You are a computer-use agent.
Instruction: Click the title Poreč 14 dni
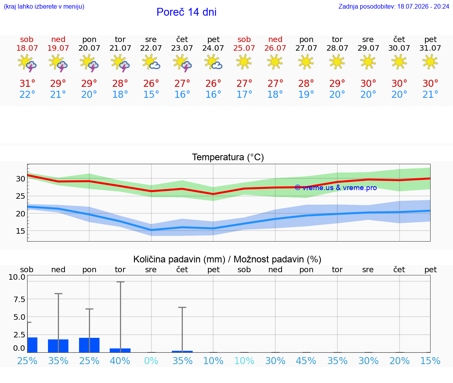(x=186, y=12)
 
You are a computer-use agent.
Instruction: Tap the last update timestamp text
(x=394, y=6)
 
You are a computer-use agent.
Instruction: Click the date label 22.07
(x=151, y=48)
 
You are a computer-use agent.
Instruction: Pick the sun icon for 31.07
(x=430, y=62)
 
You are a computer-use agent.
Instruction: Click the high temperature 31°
(x=27, y=83)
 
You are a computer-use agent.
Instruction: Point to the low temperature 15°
(x=151, y=94)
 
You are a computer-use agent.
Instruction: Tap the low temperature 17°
(x=244, y=94)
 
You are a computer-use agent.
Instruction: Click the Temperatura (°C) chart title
(x=228, y=157)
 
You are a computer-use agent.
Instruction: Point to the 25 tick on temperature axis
(x=20, y=196)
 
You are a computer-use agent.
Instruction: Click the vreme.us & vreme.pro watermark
(x=336, y=188)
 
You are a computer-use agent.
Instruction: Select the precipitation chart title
(x=227, y=259)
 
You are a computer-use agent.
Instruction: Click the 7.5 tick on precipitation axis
(x=19, y=299)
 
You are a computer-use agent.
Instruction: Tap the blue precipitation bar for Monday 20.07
(x=89, y=345)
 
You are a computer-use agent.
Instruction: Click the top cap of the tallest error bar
(x=120, y=282)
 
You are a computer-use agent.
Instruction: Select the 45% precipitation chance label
(x=306, y=361)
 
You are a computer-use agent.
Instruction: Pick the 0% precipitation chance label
(x=151, y=361)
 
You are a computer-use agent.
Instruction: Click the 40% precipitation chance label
(x=120, y=361)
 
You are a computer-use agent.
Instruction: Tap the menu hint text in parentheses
(x=44, y=6)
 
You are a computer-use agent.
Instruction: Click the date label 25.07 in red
(x=244, y=48)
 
